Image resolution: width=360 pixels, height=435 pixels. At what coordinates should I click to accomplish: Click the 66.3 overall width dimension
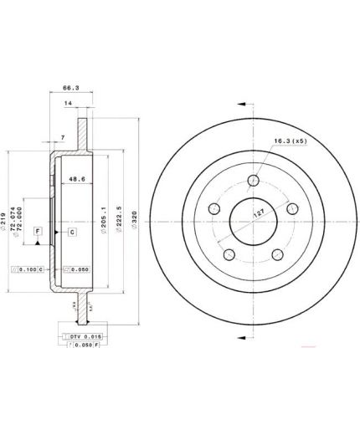(x=70, y=84)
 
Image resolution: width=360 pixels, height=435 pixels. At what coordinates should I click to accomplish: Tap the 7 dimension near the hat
(x=64, y=136)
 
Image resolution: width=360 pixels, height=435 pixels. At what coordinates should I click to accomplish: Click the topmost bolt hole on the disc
(x=255, y=178)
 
